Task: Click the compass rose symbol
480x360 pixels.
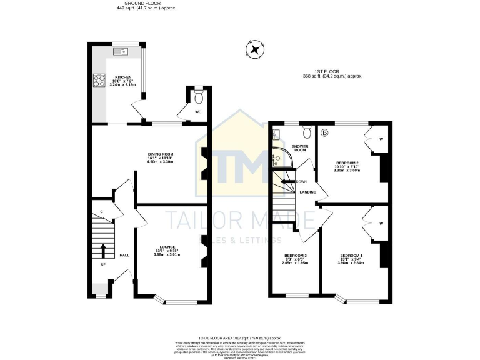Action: [255, 49]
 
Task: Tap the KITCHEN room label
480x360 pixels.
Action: [122, 77]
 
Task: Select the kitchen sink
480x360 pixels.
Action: [121, 51]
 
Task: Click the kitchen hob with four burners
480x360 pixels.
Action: [100, 80]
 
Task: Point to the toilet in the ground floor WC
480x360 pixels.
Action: [199, 98]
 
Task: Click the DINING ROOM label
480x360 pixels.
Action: [160, 155]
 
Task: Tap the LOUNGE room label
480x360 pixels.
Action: [167, 247]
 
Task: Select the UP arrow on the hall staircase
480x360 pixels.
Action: [104, 250]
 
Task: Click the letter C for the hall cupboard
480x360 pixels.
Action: [101, 212]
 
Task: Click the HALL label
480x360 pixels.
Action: [124, 256]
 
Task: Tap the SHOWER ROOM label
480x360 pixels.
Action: [301, 148]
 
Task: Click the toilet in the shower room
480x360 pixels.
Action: [307, 132]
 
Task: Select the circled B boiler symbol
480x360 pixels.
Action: [324, 132]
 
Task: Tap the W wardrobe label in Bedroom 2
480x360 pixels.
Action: [381, 139]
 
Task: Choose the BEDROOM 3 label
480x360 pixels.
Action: [296, 256]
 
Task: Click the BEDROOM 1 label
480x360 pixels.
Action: [351, 256]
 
